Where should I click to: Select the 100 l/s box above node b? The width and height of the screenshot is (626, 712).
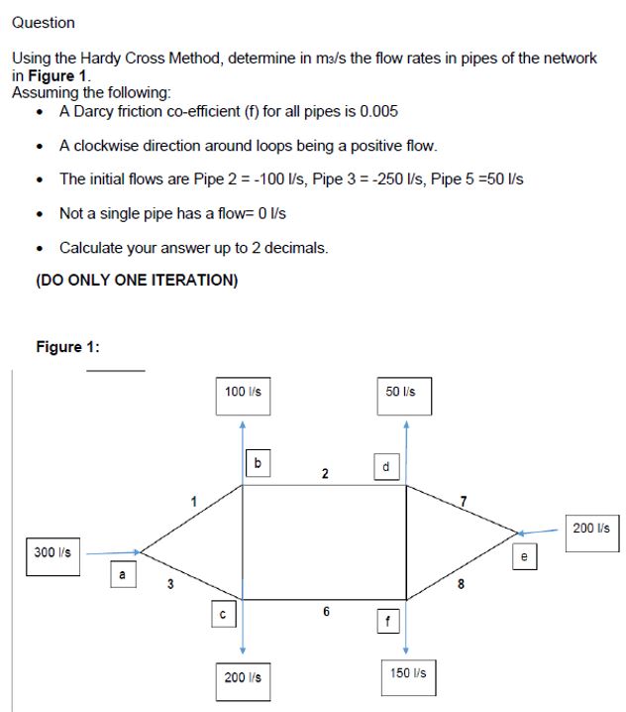(x=243, y=392)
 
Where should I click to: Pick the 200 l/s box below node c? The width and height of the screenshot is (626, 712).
(x=243, y=677)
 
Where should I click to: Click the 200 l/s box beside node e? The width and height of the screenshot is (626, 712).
(x=592, y=528)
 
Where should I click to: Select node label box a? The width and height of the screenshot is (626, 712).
(x=123, y=573)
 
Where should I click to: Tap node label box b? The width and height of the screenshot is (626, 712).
(x=258, y=462)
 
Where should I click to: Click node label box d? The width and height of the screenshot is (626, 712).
(x=385, y=467)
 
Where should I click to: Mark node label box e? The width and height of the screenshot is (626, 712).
(x=524, y=558)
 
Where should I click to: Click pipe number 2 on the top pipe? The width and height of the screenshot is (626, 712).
(x=324, y=473)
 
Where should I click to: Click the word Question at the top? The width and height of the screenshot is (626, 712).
(x=43, y=22)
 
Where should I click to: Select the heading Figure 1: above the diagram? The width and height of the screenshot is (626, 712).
(x=67, y=346)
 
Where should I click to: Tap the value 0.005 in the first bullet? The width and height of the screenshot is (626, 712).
(x=379, y=111)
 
